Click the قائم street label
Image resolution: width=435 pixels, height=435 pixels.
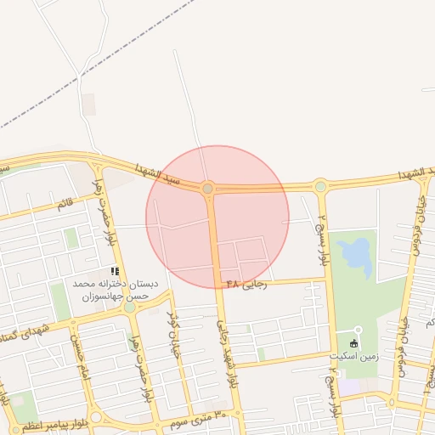pos(65,203)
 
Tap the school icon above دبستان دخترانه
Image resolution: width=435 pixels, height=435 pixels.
pos(115,271)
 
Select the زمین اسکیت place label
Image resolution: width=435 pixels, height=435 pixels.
pos(354,358)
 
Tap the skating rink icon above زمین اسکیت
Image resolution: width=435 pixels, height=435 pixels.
pos(354,343)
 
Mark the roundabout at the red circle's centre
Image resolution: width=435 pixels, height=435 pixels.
pos(208,188)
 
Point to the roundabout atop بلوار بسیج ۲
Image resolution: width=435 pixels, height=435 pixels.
pos(320,186)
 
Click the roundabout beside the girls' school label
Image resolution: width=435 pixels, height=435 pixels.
pos(129,307)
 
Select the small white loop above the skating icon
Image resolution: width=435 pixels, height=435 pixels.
pos(358,330)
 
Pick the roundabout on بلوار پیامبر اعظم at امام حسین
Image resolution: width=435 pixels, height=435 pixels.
pos(95,417)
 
